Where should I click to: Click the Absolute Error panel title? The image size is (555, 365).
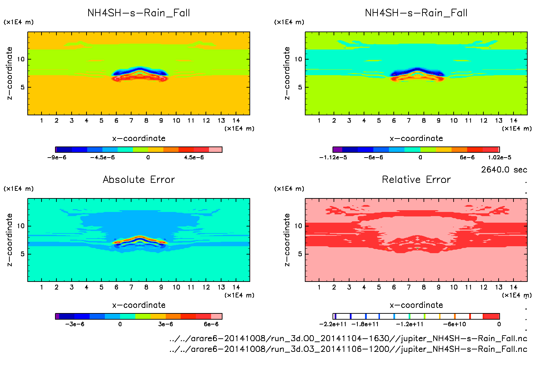pyautogui.click(x=139, y=179)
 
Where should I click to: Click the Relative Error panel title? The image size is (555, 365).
pyautogui.click(x=416, y=179)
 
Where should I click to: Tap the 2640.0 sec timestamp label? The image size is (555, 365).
pyautogui.click(x=504, y=170)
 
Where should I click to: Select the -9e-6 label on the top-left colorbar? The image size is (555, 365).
pyautogui.click(x=57, y=158)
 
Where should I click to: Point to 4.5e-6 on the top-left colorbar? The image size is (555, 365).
pyautogui.click(x=194, y=158)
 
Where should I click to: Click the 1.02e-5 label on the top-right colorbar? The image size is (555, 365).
pyautogui.click(x=499, y=158)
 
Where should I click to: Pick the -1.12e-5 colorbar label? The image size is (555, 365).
pyautogui.click(x=333, y=158)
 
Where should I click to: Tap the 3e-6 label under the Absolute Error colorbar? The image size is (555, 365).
pyautogui.click(x=165, y=324)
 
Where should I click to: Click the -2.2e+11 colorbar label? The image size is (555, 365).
pyautogui.click(x=333, y=324)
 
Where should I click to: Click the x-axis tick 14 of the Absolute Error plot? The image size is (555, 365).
pyautogui.click(x=236, y=287)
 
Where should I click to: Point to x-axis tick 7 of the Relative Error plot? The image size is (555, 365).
pyautogui.click(x=409, y=287)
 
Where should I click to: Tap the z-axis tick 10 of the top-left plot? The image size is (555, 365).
pyautogui.click(x=21, y=59)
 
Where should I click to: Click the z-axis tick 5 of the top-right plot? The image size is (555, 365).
pyautogui.click(x=300, y=87)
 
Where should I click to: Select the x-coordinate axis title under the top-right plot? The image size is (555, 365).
pyautogui.click(x=416, y=139)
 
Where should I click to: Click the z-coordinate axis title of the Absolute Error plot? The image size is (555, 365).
pyautogui.click(x=10, y=240)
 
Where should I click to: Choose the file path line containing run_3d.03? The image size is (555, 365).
pyautogui.click(x=348, y=349)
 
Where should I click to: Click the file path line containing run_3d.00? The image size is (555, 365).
pyautogui.click(x=348, y=338)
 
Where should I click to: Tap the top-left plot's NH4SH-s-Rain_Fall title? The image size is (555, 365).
pyautogui.click(x=139, y=13)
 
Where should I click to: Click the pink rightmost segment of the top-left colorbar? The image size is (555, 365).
pyautogui.click(x=215, y=150)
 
